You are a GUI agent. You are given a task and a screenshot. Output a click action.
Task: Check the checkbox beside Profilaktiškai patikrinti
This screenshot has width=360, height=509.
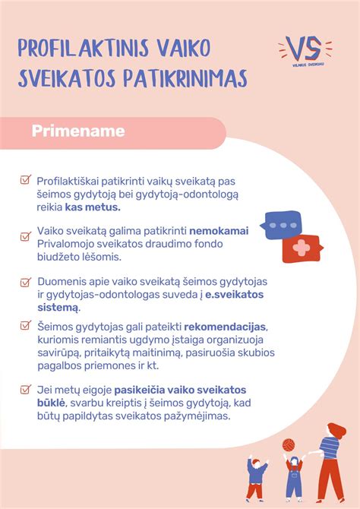(25, 181)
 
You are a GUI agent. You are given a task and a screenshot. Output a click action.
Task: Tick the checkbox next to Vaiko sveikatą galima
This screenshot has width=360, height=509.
(25, 236)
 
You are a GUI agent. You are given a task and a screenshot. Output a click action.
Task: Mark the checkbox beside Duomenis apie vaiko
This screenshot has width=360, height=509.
(25, 281)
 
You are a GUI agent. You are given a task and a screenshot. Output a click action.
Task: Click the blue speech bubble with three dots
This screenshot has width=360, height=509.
(283, 226)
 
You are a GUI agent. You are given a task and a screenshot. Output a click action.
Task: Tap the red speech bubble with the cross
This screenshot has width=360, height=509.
(302, 249)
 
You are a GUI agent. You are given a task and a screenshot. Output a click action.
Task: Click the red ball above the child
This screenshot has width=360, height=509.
(289, 444)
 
